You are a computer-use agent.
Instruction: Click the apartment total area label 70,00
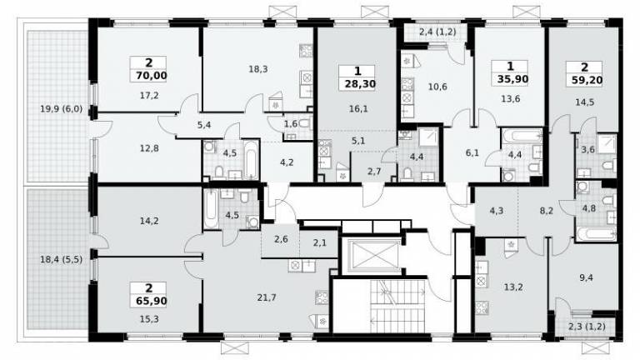pos(149,76)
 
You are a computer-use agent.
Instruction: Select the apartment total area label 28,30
pos(358,84)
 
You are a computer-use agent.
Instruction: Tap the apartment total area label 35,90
pos(510,79)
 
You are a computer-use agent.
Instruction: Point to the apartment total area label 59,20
pos(584,80)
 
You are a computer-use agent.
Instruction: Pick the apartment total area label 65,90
pos(149,301)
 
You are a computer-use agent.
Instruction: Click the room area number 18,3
pos(258,69)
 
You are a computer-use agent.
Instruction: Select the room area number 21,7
pos(267,298)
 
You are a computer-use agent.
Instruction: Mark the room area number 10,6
pos(437,87)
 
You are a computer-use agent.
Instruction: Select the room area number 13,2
pos(513,287)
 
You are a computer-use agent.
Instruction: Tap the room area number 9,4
pos(586,278)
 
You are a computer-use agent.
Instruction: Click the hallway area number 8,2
pos(546,211)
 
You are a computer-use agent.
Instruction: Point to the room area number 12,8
pos(149,148)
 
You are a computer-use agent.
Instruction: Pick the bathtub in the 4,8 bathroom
pos(596,234)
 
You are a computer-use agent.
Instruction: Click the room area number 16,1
pos(358,109)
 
